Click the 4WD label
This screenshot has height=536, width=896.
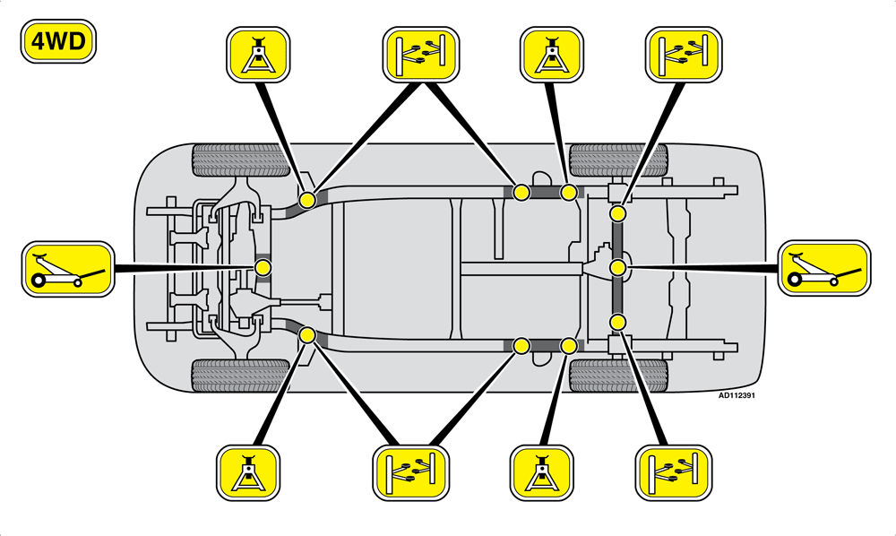click(58, 41)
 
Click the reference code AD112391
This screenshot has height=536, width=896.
click(737, 395)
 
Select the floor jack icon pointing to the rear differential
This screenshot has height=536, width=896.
click(824, 268)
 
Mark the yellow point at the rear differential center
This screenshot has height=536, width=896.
click(617, 267)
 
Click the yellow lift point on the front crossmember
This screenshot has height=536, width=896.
click(263, 267)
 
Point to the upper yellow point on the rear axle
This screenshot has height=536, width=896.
click(617, 214)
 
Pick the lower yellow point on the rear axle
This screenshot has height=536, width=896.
click(617, 322)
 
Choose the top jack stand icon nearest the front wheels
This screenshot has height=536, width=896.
click(258, 55)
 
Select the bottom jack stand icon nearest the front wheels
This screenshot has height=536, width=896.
click(248, 473)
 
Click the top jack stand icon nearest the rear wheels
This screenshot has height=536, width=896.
click(552, 55)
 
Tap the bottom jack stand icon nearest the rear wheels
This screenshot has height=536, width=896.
click(542, 473)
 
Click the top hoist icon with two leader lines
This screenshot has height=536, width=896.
click(420, 55)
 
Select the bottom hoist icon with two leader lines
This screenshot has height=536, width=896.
click(411, 473)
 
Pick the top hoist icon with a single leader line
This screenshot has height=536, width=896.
click(684, 55)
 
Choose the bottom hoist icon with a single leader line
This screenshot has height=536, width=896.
click(675, 473)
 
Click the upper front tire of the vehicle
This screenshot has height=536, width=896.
click(240, 160)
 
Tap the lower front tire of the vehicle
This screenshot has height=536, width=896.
click(240, 376)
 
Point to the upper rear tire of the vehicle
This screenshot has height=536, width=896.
click(619, 160)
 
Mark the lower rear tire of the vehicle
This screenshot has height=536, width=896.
click(619, 376)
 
